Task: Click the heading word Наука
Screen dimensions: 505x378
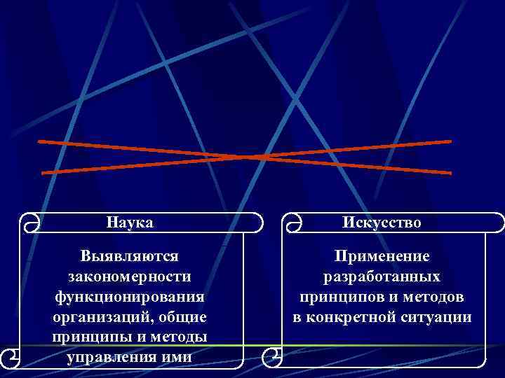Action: point(130,223)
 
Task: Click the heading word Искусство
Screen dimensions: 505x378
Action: point(382,223)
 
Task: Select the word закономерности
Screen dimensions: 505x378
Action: point(130,276)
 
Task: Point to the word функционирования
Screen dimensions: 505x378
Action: point(130,297)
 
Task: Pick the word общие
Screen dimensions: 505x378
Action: point(184,317)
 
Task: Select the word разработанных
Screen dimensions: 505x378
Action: point(382,276)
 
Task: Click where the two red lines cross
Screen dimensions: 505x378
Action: point(245,157)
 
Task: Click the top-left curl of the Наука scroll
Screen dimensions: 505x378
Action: point(29,223)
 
